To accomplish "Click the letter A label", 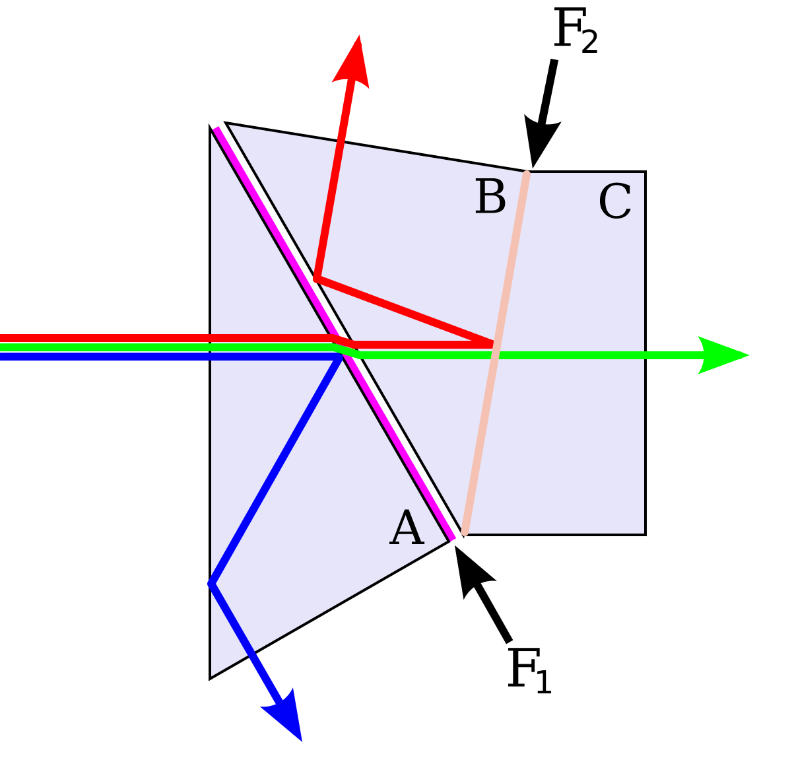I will pyautogui.click(x=407, y=529).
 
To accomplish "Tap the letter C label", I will pyautogui.click(x=614, y=202).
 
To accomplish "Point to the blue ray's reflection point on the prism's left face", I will pyautogui.click(x=211, y=584).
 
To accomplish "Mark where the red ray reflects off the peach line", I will pyautogui.click(x=493, y=344).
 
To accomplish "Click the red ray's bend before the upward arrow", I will pyautogui.click(x=317, y=279).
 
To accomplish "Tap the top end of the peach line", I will pyautogui.click(x=527, y=174).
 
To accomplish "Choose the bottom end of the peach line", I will pyautogui.click(x=465, y=532).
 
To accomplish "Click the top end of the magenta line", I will pyautogui.click(x=216, y=128).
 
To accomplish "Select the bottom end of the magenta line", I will pyautogui.click(x=453, y=539).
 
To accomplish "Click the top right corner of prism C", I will pyautogui.click(x=643, y=174).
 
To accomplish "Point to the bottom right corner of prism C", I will pyautogui.click(x=643, y=533).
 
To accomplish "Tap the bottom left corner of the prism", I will pyautogui.click(x=212, y=675).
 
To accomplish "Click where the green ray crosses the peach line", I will pyautogui.click(x=495, y=355).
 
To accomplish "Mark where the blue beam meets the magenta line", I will pyautogui.click(x=341, y=355).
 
